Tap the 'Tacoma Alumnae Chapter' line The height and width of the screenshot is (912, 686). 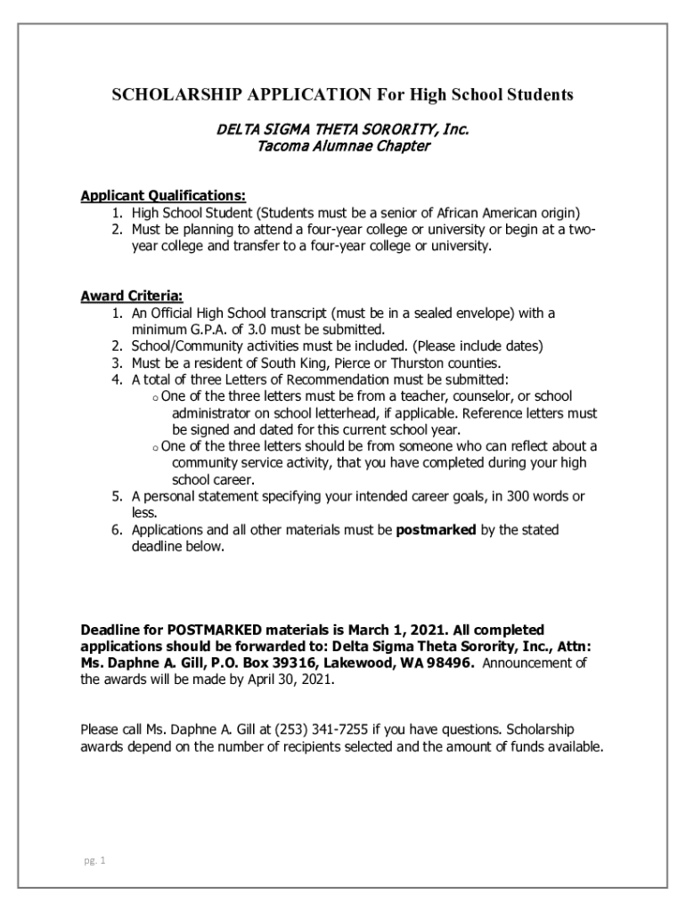tap(343, 147)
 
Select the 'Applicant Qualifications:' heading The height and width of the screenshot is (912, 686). tap(163, 196)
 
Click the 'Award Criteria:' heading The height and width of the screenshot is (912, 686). tap(132, 296)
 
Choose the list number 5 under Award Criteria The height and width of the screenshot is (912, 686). tap(117, 497)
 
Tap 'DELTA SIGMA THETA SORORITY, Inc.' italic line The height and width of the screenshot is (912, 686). tap(343, 130)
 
